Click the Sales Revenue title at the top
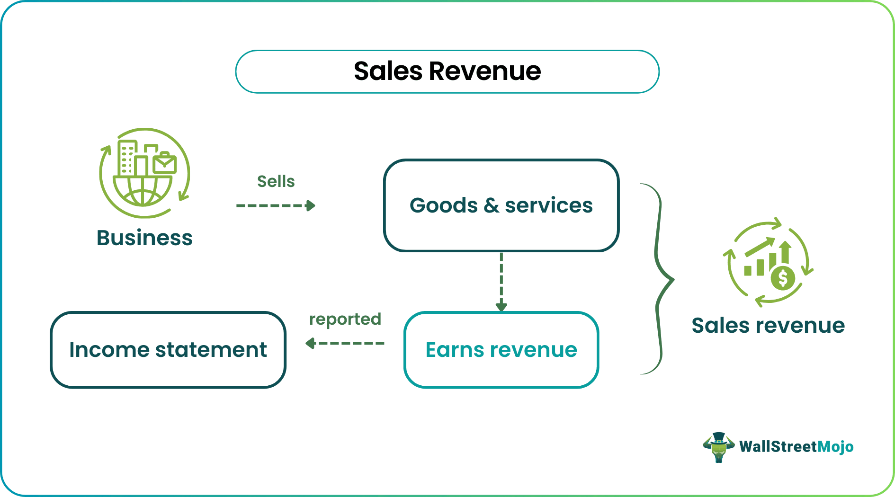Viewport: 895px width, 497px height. (x=447, y=71)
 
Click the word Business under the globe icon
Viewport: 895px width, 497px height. (x=144, y=238)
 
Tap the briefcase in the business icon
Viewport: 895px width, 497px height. (x=164, y=163)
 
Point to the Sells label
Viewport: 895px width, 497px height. (x=276, y=181)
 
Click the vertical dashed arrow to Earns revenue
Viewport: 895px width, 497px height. (x=501, y=282)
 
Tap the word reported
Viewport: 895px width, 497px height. (x=345, y=319)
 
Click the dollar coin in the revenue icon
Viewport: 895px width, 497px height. (x=783, y=278)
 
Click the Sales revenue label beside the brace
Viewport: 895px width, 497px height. (x=768, y=326)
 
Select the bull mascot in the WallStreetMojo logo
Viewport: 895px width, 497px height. (x=718, y=447)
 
